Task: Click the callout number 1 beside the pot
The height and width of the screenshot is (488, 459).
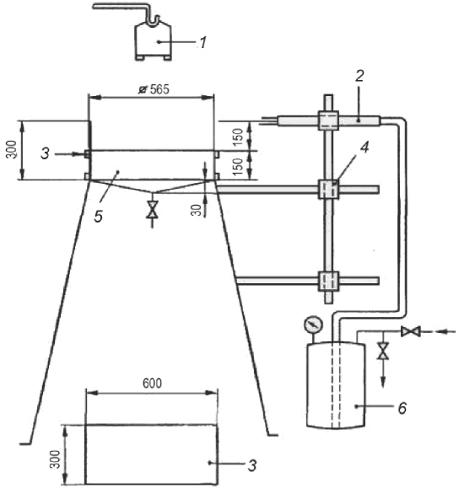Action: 203,43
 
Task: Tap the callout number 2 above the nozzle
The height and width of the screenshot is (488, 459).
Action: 360,76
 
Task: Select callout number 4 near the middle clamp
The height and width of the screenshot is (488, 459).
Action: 364,147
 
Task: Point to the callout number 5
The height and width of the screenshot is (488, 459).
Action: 99,216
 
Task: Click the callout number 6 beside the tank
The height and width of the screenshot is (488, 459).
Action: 402,408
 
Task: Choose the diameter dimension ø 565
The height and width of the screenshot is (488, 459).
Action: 154,89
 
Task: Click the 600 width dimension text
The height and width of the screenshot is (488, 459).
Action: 153,383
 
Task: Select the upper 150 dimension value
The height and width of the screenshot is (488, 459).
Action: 238,137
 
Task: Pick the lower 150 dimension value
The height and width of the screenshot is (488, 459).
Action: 238,167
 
